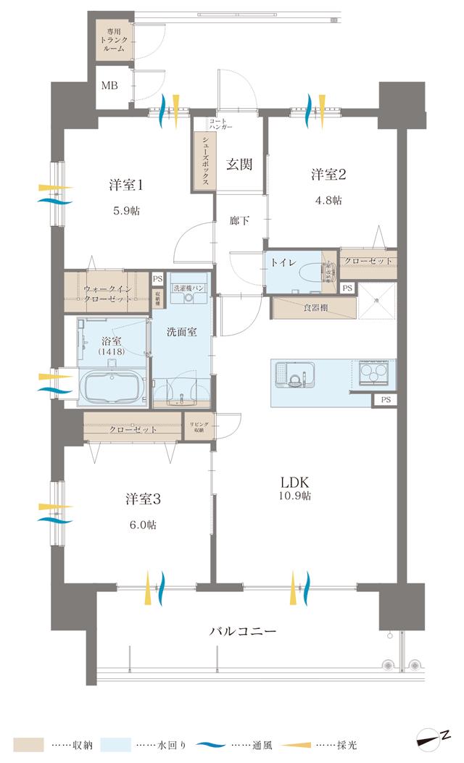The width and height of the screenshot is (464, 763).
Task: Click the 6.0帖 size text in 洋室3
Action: pos(142,525)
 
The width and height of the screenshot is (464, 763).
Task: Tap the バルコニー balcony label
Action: pos(243,630)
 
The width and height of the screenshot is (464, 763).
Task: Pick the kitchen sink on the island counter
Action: pos(293,377)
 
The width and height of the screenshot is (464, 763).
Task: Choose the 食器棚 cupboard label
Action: pos(315,307)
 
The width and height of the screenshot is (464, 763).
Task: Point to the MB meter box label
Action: pos(109,86)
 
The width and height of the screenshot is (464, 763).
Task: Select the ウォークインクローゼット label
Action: pos(107,293)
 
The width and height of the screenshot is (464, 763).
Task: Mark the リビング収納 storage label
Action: pos(199,426)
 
